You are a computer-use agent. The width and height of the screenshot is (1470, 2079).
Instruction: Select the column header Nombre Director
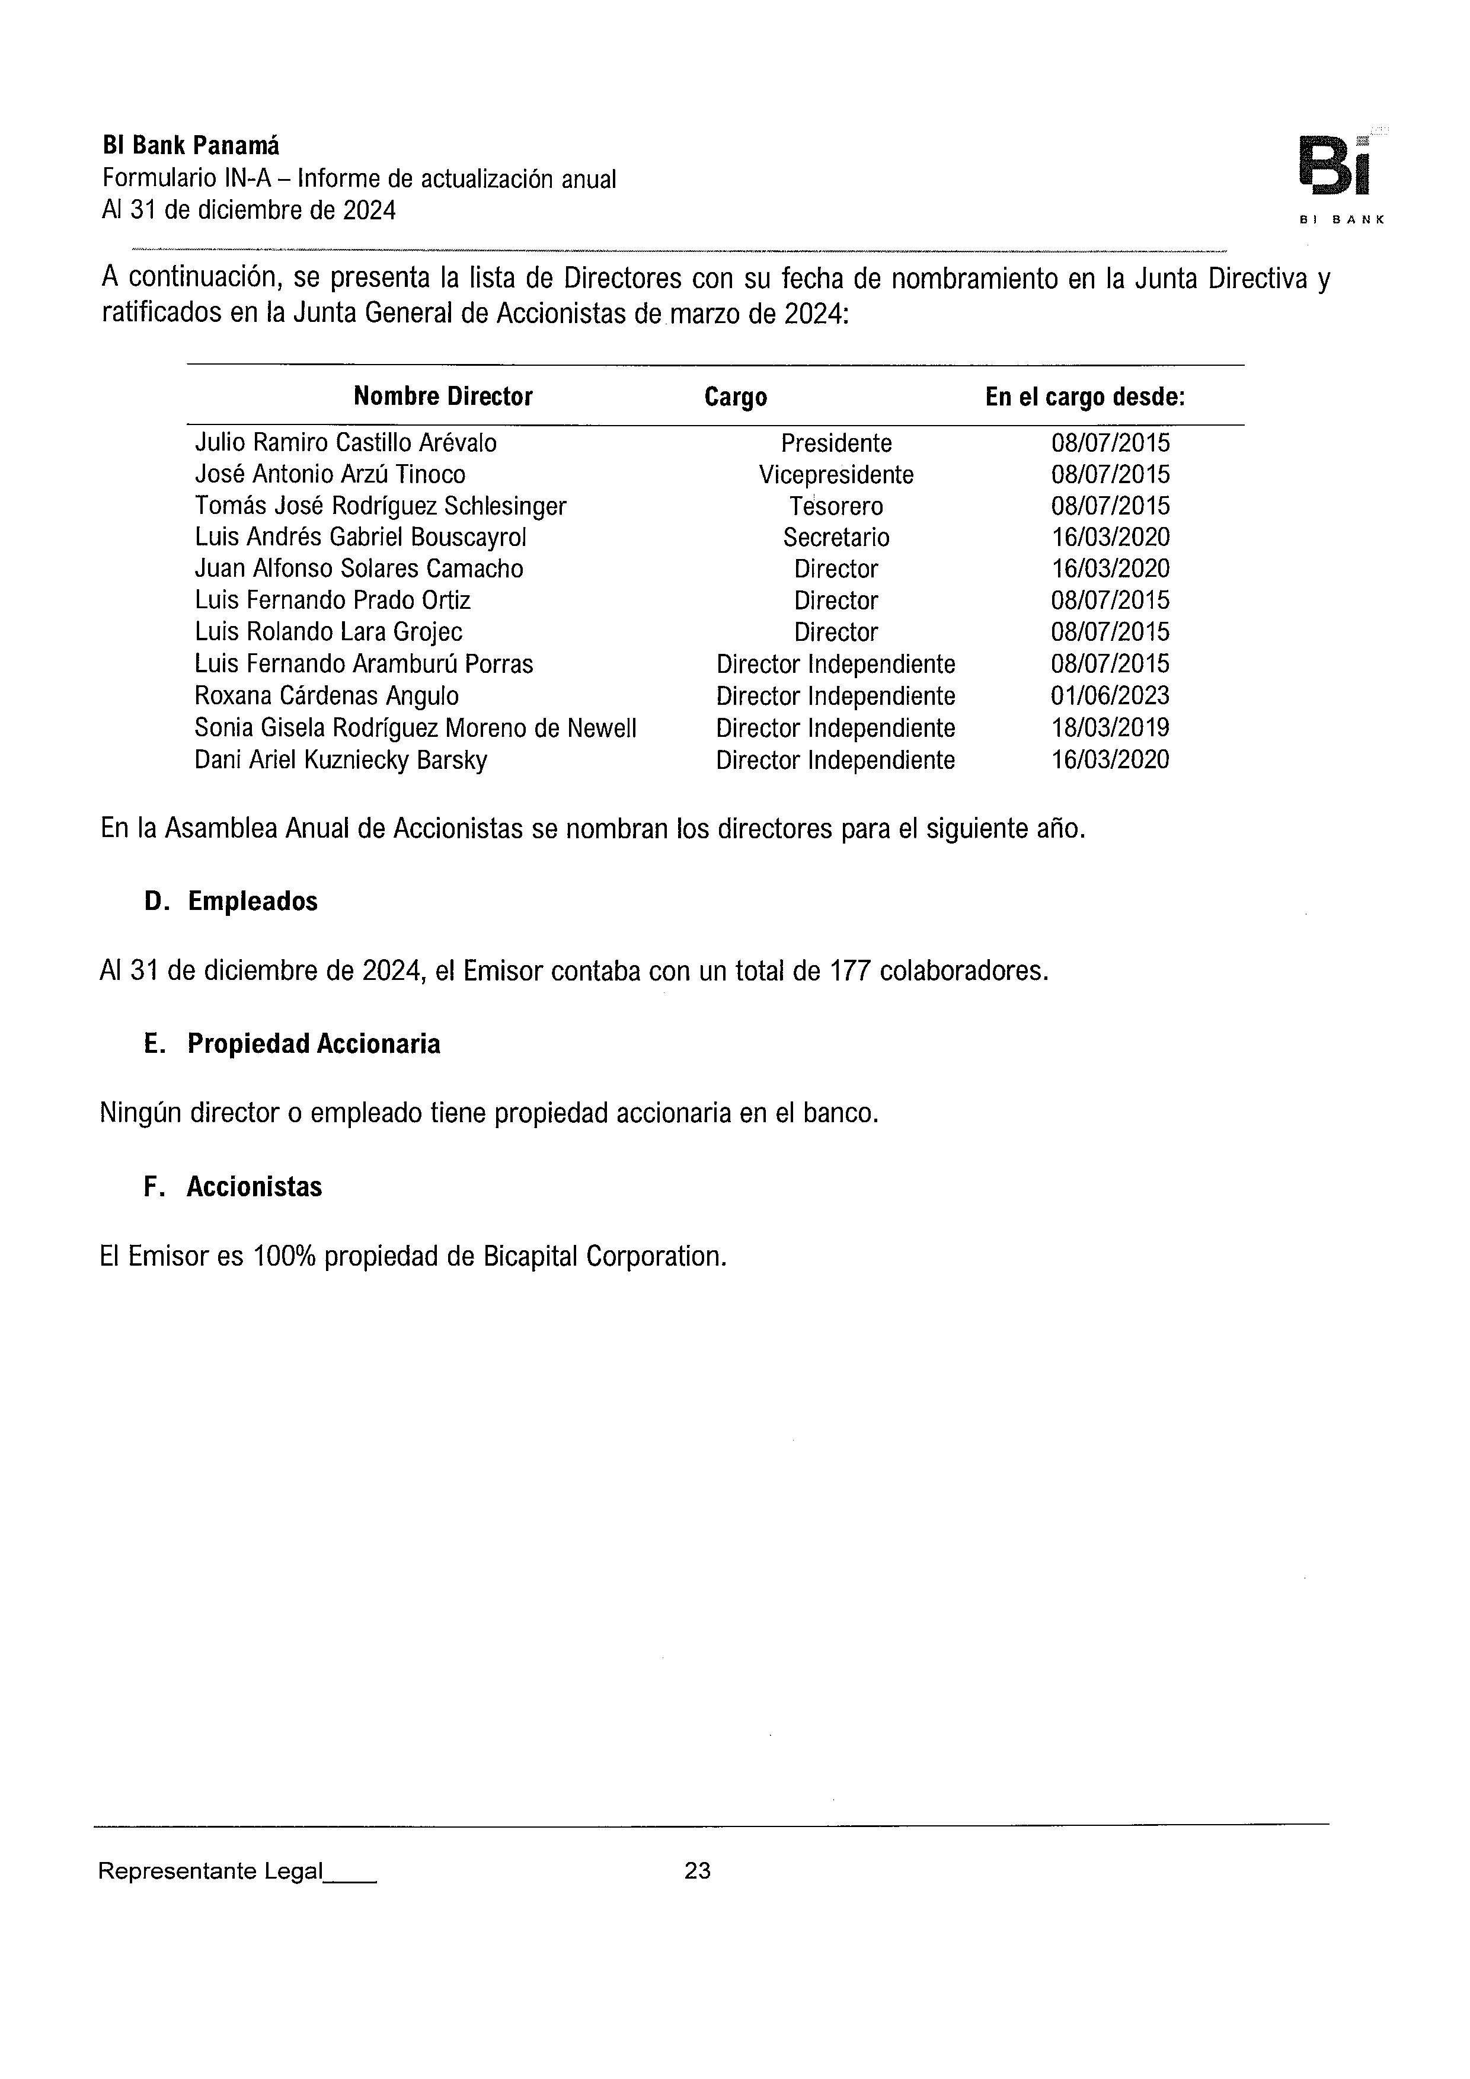point(443,397)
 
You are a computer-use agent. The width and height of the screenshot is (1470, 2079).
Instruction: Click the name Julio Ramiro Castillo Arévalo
point(346,443)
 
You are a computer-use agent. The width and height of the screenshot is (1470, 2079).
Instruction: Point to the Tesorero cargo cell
point(836,506)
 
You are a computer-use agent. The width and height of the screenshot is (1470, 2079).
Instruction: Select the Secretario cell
point(836,538)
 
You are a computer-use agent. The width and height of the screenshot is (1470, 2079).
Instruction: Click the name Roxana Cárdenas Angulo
point(326,697)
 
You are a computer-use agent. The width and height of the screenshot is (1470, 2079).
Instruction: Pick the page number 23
point(697,1871)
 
